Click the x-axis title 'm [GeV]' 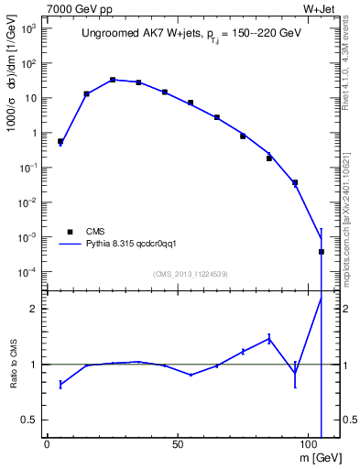point(321,455)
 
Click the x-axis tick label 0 point(47,443)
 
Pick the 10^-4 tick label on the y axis point(28,272)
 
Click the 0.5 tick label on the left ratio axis point(30,420)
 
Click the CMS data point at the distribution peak point(113,80)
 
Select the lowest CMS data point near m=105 point(322,251)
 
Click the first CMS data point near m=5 point(60,142)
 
